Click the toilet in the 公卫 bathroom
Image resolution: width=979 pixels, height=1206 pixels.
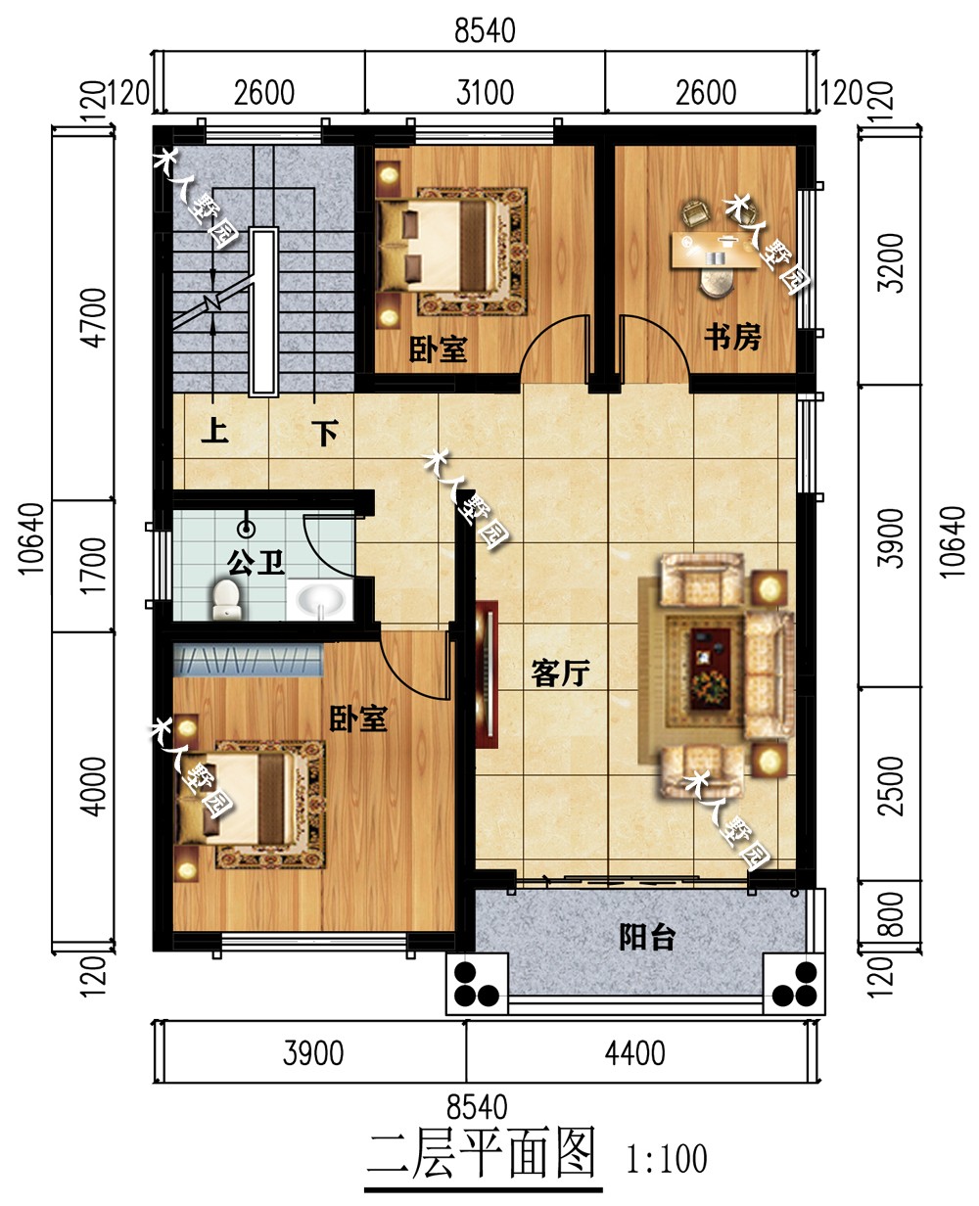click(x=226, y=599)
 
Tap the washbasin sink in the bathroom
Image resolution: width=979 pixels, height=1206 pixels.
click(x=320, y=600)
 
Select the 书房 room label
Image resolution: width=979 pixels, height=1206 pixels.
click(x=732, y=337)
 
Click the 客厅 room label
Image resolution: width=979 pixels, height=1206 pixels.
click(x=560, y=673)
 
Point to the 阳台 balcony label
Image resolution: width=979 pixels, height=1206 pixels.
click(x=647, y=937)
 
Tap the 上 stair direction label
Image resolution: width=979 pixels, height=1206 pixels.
click(x=215, y=431)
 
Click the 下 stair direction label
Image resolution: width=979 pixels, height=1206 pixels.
click(x=325, y=433)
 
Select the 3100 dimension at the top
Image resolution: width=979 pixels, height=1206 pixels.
click(x=486, y=93)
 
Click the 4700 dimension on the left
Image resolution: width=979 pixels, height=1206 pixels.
click(x=93, y=317)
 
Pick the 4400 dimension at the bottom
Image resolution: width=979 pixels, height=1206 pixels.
click(x=634, y=1054)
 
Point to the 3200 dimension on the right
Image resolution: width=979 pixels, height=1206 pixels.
click(x=890, y=262)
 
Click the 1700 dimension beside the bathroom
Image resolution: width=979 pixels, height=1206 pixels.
click(x=93, y=566)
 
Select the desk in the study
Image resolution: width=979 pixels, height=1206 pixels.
click(x=715, y=250)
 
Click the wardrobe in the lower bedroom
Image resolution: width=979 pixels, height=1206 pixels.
click(x=248, y=660)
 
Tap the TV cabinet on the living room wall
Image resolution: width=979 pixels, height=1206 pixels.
click(x=487, y=674)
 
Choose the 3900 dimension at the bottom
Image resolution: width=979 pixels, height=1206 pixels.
click(x=313, y=1054)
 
